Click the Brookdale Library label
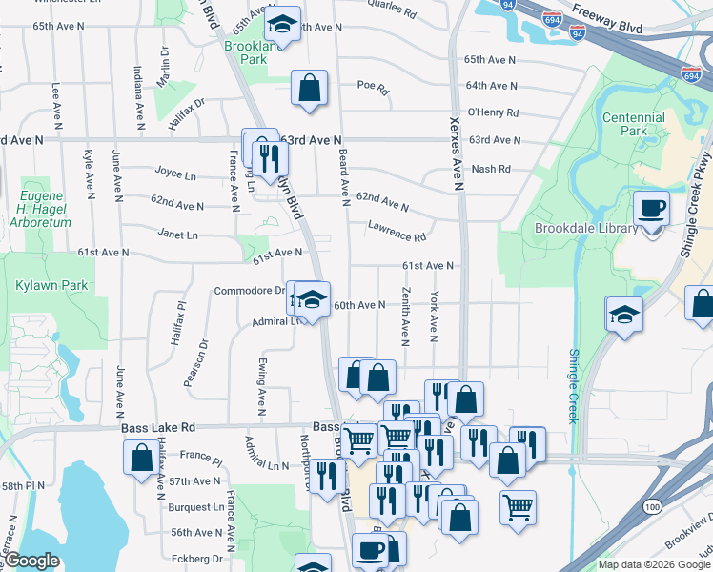coord(580,229)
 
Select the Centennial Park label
coord(633,124)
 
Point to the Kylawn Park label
coord(38,285)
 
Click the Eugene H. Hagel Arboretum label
coord(40,209)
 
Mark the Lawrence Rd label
coord(398,230)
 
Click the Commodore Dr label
coord(249,291)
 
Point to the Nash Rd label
coord(491,169)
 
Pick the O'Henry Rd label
coord(492,112)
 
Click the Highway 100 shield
coord(652,504)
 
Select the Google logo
coord(32,561)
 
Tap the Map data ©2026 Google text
coord(652,564)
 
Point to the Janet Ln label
coord(178,235)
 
